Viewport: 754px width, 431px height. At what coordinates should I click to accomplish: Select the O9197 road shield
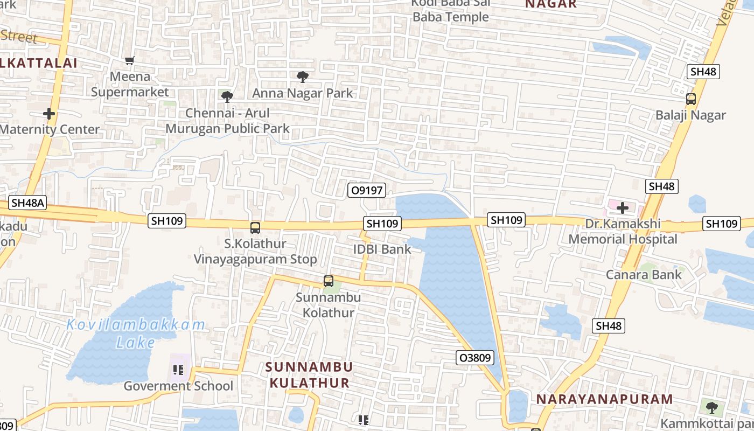pos(367,190)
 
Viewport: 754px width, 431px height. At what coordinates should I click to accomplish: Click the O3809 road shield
pos(474,358)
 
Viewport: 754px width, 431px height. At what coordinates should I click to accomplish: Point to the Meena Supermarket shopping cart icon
pos(129,60)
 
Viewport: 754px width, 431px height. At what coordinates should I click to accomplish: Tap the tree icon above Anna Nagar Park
pos(303,77)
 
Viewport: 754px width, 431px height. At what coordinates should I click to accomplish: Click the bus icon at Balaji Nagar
pos(691,99)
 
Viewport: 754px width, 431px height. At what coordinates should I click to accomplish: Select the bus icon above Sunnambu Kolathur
pos(328,281)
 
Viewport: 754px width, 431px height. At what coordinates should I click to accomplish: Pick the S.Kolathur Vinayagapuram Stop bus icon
pos(255,228)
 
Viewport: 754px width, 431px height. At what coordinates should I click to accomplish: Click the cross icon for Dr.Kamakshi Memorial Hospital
pos(623,207)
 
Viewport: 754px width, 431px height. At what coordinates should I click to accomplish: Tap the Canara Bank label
pos(644,275)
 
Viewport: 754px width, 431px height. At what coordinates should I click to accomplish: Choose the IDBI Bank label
pos(382,249)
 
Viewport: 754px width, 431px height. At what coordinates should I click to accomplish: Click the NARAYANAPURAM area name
pos(604,399)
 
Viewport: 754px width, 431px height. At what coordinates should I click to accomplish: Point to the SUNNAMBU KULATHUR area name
pos(309,375)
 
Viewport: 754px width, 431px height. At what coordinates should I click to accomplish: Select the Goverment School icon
pos(179,370)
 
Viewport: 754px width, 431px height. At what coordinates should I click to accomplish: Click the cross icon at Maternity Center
pos(49,114)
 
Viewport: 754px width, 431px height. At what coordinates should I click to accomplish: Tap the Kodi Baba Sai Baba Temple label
pos(450,10)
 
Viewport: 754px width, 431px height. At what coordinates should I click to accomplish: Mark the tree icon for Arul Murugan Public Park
pos(227,97)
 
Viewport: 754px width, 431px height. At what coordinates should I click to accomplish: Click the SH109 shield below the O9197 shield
pos(382,224)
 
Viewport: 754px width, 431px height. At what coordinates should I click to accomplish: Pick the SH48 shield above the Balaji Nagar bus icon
pos(703,72)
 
